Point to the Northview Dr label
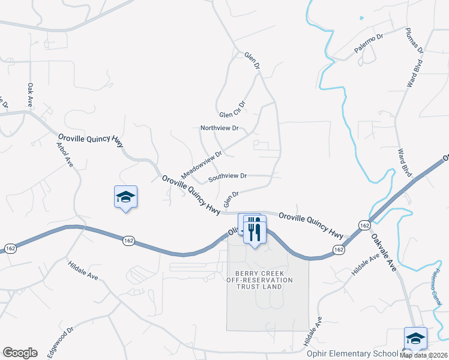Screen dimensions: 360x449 [219, 128]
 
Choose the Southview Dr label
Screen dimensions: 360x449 [228, 176]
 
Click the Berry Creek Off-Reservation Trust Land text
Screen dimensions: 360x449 [260, 280]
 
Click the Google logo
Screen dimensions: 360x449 [20, 353]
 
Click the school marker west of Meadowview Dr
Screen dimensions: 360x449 [126, 197]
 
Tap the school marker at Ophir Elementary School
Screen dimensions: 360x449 [415, 338]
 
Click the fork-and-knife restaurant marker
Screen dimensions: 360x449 [255, 229]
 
